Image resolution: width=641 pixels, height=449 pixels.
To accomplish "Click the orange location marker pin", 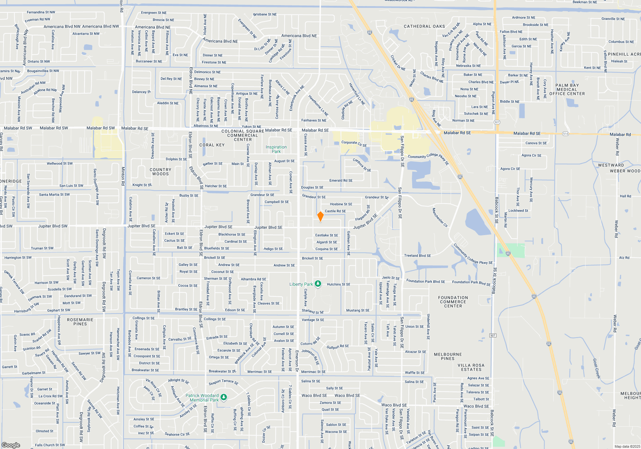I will pos(320,216).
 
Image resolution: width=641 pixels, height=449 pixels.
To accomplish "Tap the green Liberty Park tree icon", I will pos(318,284).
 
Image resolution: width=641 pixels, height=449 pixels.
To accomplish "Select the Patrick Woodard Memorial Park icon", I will pos(224,397).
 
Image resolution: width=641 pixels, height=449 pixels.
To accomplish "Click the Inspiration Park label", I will pos(276,149).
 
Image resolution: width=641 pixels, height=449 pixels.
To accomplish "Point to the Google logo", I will pos(11,445).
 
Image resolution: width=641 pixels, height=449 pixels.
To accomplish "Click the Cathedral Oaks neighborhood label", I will pos(424,26).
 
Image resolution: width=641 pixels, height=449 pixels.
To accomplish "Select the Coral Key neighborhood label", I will pos(212,145).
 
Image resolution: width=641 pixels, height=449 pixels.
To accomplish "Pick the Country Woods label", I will pos(160,172).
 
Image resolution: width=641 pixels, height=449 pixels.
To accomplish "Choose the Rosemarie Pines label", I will pos(80,322).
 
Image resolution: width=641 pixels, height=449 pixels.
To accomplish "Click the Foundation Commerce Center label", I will pos(453,302).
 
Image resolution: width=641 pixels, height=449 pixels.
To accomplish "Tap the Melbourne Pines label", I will pos(448,356).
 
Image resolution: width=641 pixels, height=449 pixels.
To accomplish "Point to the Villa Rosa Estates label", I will pos(471,367).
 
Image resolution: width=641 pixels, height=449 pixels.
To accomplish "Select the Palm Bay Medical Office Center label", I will pos(567,89).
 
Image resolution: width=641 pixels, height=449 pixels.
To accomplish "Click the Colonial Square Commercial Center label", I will pos(243,135).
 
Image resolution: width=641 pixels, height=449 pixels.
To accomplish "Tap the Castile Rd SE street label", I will pos(335,211).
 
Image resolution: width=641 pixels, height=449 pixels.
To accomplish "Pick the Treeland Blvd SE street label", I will pos(417,256).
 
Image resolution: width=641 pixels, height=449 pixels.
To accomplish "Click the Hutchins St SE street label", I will pos(338,284).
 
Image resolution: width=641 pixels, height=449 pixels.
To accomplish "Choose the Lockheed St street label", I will pos(518,211).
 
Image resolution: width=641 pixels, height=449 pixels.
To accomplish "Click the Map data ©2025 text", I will pos(627,446).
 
